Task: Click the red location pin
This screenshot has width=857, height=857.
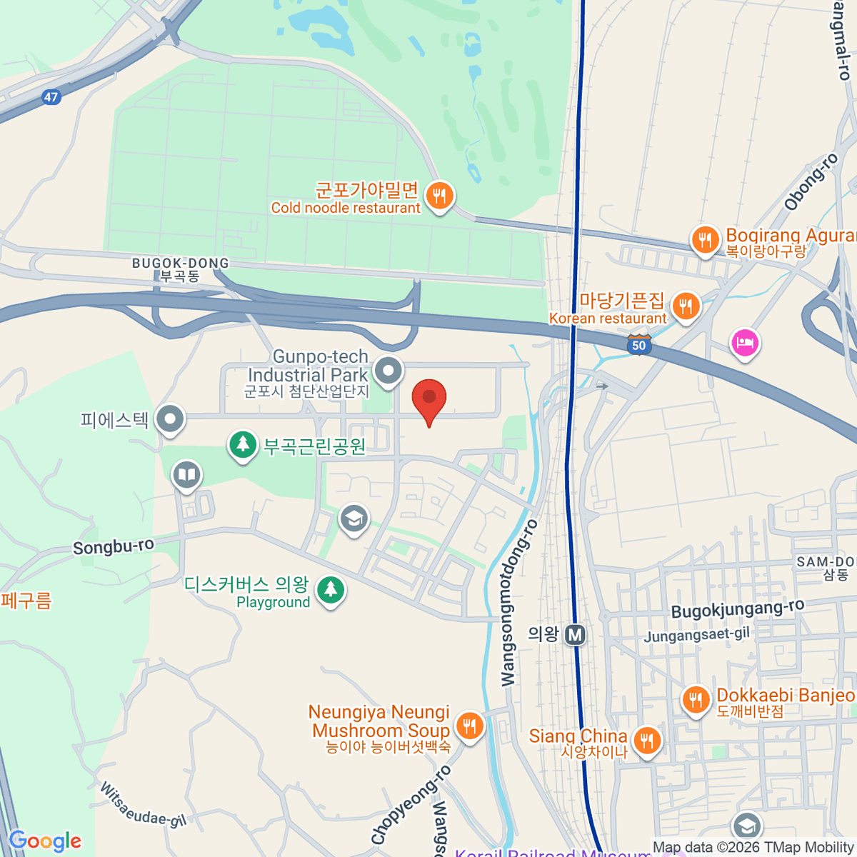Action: pyautogui.click(x=429, y=399)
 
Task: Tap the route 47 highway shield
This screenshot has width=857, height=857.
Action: pyautogui.click(x=50, y=97)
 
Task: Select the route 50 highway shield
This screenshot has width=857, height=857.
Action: pyautogui.click(x=638, y=345)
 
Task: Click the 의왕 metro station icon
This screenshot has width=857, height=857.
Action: pyautogui.click(x=575, y=634)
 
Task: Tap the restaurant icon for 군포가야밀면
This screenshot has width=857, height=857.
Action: pyautogui.click(x=439, y=195)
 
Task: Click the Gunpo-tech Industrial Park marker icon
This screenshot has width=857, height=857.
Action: pyautogui.click(x=389, y=371)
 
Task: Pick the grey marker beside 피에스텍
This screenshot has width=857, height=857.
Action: pyautogui.click(x=170, y=419)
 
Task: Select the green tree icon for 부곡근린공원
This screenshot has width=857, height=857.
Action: pyautogui.click(x=243, y=445)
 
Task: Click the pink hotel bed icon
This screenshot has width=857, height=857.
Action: pyautogui.click(x=745, y=343)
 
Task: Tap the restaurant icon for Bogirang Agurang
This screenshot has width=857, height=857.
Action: pyautogui.click(x=706, y=240)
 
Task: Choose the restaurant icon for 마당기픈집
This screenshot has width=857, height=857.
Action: pyautogui.click(x=686, y=306)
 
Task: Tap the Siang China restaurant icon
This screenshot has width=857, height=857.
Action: pyautogui.click(x=646, y=741)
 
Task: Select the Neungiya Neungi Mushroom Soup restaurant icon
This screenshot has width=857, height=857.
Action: pyautogui.click(x=469, y=726)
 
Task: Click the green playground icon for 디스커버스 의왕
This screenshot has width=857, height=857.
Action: pyautogui.click(x=330, y=591)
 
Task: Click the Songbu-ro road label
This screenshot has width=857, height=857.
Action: pyautogui.click(x=114, y=547)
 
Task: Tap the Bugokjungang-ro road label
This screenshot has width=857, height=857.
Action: pyautogui.click(x=738, y=609)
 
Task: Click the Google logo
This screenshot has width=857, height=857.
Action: pyautogui.click(x=45, y=841)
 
